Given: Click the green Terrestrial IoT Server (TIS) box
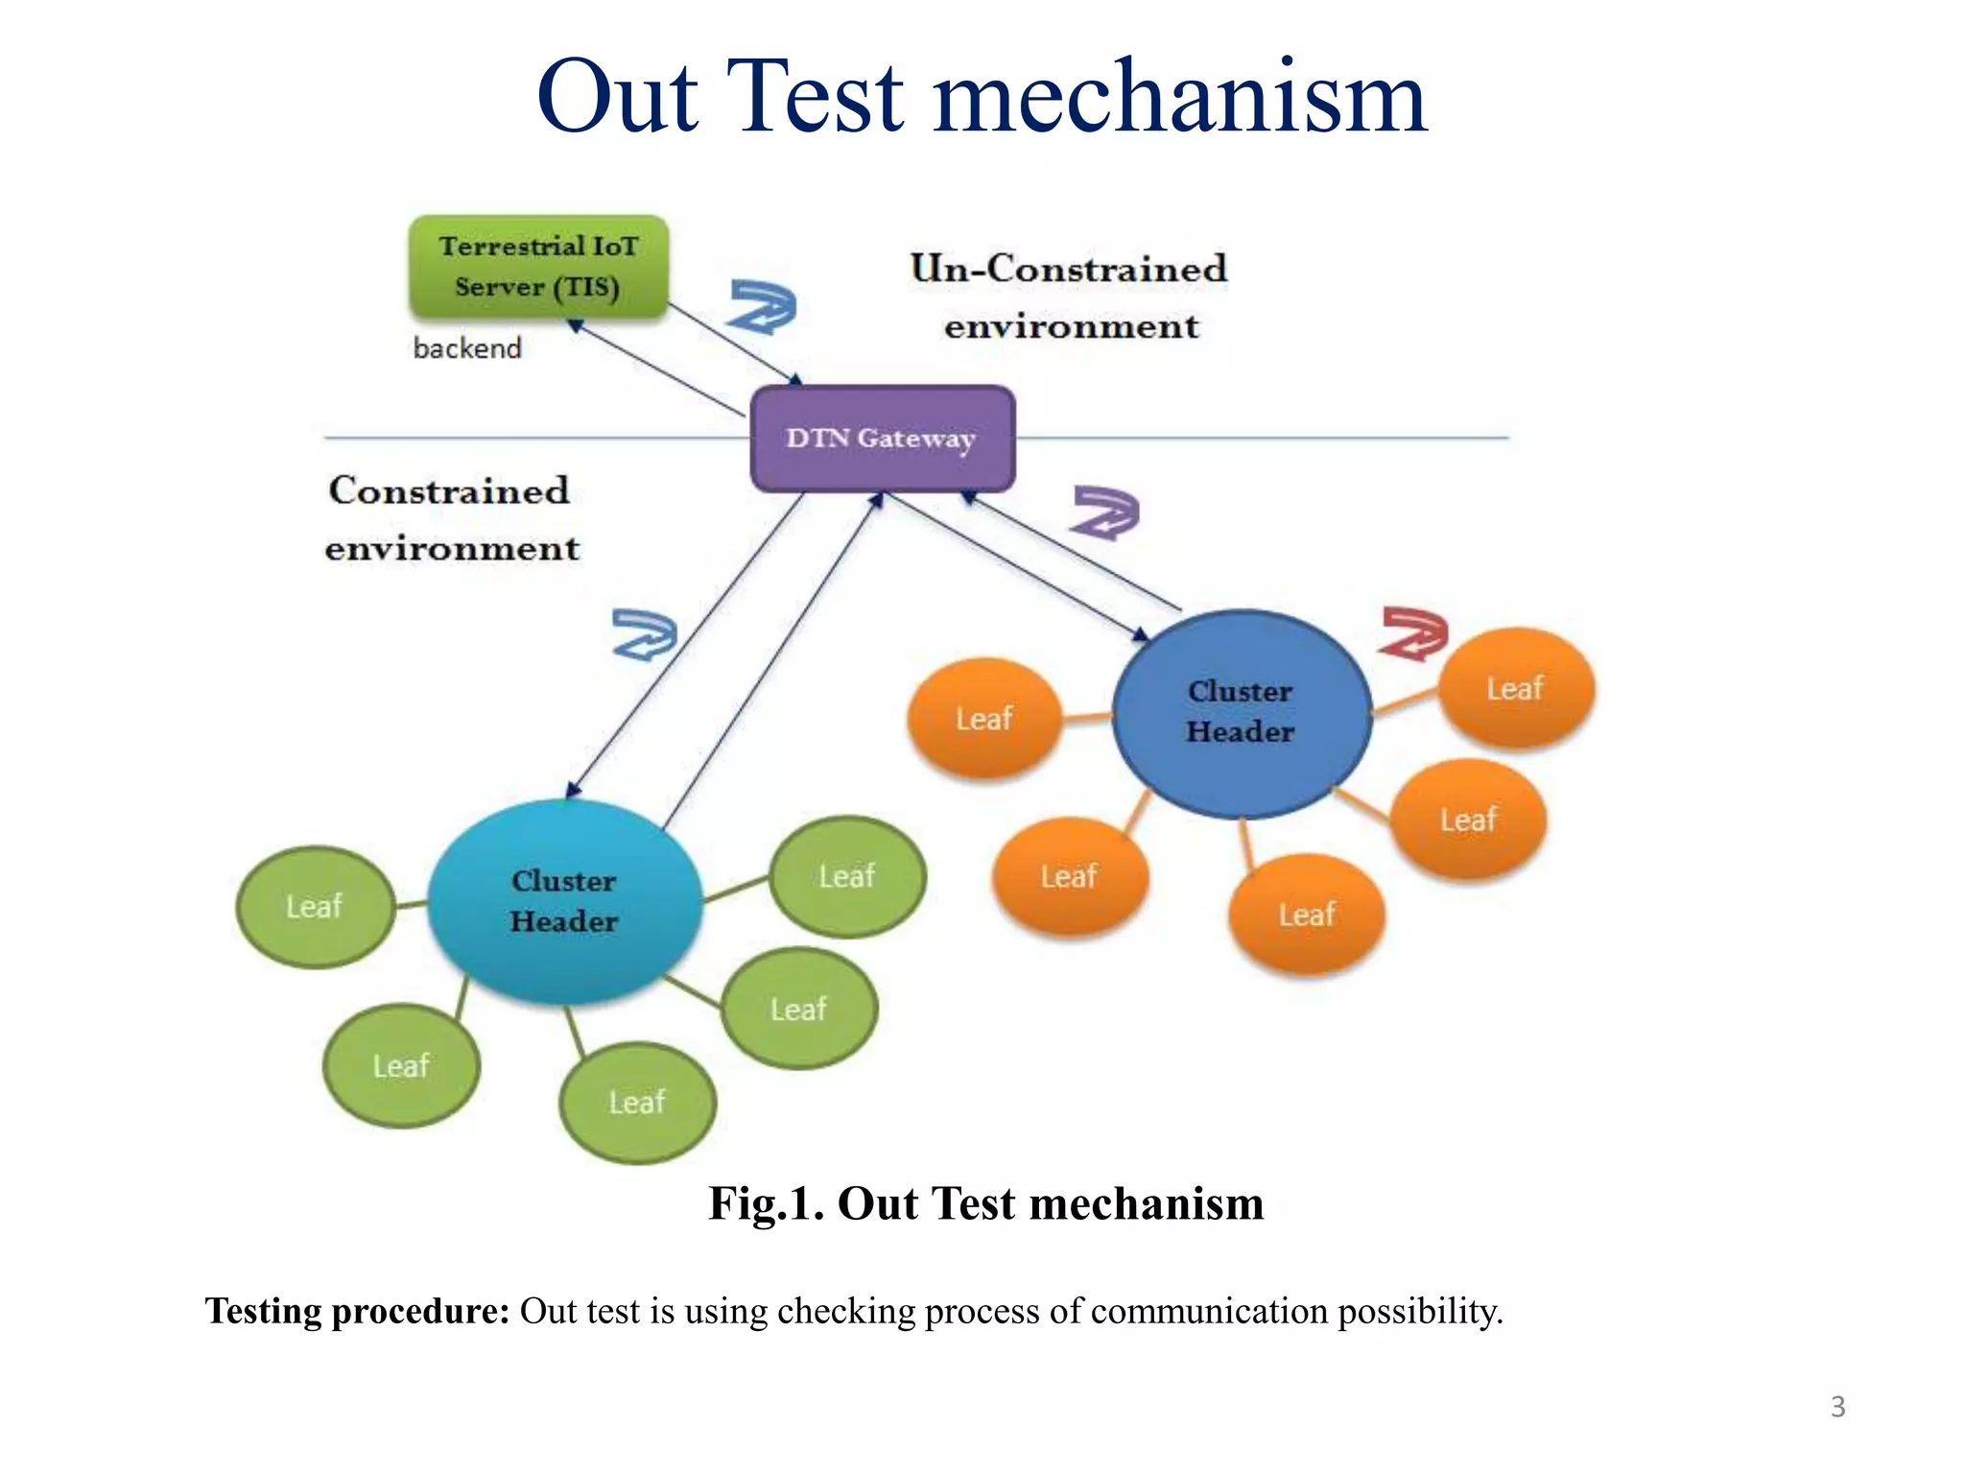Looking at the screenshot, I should pyautogui.click(x=538, y=266).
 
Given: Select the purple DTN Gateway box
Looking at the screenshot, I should pyautogui.click(x=882, y=439).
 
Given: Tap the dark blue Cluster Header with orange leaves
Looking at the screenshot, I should pyautogui.click(x=1241, y=712).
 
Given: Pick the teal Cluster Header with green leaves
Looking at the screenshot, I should pyautogui.click(x=564, y=901).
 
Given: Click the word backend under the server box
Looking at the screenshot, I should pyautogui.click(x=467, y=347).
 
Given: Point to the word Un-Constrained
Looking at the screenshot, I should pyautogui.click(x=1068, y=269).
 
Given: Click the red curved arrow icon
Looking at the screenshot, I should pyautogui.click(x=1413, y=633).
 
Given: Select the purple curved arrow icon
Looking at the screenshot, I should pyautogui.click(x=1105, y=512).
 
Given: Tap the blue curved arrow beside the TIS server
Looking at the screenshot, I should pyautogui.click(x=762, y=306).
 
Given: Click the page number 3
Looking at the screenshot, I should pyautogui.click(x=1837, y=1407).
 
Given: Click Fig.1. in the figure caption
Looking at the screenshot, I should pyautogui.click(x=766, y=1203).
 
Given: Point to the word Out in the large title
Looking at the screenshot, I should pyautogui.click(x=617, y=98).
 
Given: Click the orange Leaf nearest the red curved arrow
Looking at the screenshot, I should pyautogui.click(x=1515, y=688).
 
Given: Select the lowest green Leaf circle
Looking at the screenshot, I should pyautogui.click(x=637, y=1102).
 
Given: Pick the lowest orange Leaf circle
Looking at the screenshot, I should pyautogui.click(x=1306, y=914).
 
